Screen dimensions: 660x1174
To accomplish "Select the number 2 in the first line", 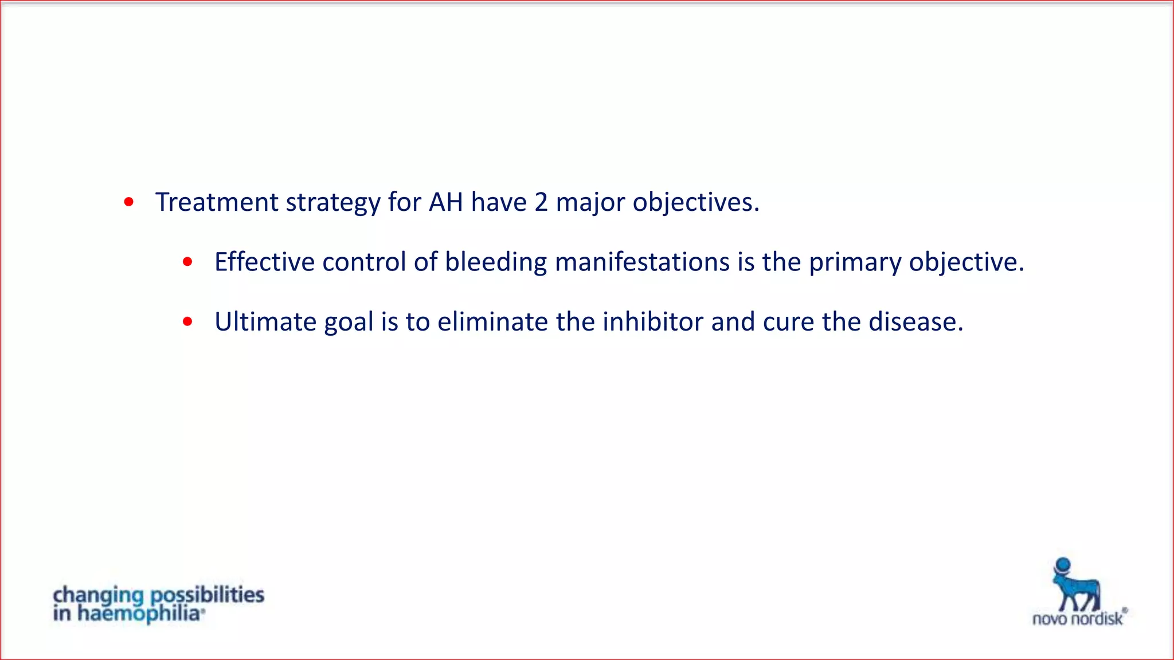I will tap(541, 202).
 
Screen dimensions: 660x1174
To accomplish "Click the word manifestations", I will tap(642, 262).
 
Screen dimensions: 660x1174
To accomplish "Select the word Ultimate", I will tap(265, 321).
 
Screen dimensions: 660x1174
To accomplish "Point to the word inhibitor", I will tap(653, 321).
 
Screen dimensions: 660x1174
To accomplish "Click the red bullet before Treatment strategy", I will tap(129, 202).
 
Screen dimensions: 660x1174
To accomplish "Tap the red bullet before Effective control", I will tap(187, 262).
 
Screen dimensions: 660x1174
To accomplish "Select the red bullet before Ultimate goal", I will tap(187, 321).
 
